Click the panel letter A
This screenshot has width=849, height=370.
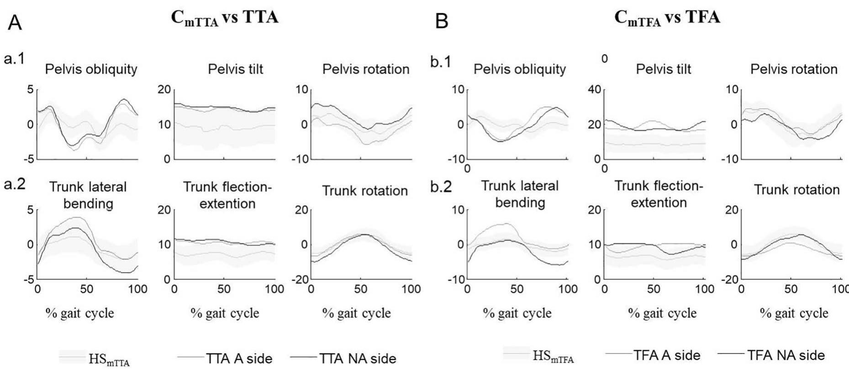point(15,22)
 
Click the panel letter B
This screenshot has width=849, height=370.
point(442,21)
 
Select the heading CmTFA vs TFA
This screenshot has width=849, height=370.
point(667,18)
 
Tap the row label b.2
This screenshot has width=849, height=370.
point(441,188)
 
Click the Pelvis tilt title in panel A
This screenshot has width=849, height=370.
point(235,69)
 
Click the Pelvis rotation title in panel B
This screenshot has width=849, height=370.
point(794,69)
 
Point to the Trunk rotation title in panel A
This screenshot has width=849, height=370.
point(365,191)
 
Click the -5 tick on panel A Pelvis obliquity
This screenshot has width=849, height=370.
point(28,159)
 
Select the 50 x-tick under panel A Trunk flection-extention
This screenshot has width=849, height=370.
point(224,289)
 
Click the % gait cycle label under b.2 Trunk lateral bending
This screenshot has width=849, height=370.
point(517,313)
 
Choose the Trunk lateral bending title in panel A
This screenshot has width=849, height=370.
point(88,195)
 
